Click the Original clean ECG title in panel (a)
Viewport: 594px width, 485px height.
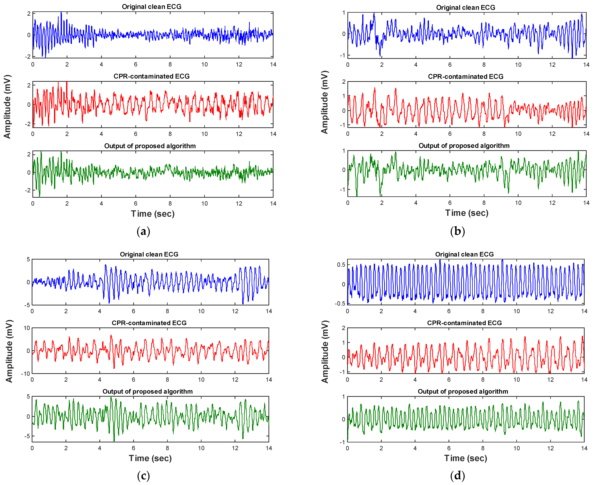[x=152, y=7]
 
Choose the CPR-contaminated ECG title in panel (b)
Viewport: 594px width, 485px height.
[x=466, y=77]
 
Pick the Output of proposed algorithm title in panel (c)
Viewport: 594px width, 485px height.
[x=148, y=391]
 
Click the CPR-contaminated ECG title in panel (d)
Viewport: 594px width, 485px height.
[x=465, y=323]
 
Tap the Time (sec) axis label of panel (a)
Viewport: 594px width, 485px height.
[x=153, y=214]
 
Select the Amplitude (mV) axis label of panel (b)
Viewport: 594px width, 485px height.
[x=324, y=102]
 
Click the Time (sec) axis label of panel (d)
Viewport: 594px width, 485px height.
[x=466, y=458]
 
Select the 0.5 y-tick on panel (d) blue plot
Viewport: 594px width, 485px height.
[x=341, y=265]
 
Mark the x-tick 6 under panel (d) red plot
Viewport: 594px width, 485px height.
[x=449, y=380]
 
